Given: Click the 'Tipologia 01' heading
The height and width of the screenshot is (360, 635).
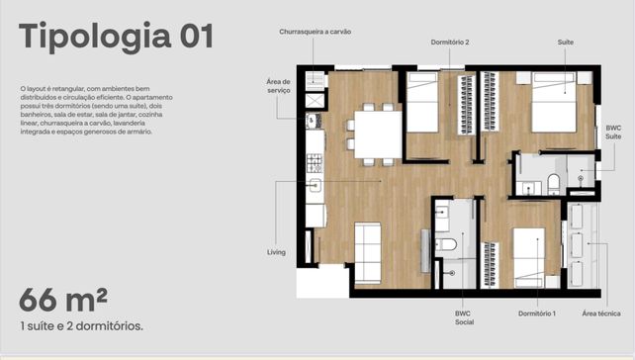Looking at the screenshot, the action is point(116,37).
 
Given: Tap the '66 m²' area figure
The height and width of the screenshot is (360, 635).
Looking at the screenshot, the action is point(63,300).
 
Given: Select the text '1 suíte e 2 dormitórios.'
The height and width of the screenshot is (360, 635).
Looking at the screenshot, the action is point(81,326).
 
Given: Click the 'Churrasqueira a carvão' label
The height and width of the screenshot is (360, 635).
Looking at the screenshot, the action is point(316,32).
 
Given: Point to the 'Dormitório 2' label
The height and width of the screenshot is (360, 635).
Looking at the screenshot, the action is point(450,43).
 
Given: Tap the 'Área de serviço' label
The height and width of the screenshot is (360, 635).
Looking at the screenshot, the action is point(278,86).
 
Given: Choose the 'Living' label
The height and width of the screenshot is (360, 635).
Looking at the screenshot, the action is point(276,252).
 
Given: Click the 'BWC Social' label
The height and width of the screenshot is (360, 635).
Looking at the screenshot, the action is point(464,317).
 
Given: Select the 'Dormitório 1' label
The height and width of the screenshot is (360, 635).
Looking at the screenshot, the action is point(537,314).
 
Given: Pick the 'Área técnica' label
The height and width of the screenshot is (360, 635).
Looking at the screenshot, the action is point(601,314).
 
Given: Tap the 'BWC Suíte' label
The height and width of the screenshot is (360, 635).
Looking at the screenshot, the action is point(613,133).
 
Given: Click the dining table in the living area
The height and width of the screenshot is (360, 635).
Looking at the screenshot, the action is point(378,135).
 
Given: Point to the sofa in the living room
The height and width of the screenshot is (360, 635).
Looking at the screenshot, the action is point(368,253).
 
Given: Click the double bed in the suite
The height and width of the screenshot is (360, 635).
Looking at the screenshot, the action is point(554,102).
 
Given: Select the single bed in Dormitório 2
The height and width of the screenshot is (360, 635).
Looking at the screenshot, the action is point(422,102).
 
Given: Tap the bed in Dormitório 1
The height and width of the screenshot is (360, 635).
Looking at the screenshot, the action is point(529,257).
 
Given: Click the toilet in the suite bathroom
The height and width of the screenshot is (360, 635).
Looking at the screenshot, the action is point(553,184).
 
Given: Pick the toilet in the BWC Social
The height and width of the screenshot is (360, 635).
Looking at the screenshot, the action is point(445,245).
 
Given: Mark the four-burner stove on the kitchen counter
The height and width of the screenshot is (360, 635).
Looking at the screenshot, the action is point(315,163).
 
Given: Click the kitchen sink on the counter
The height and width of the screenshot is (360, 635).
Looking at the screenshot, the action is point(316,186).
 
